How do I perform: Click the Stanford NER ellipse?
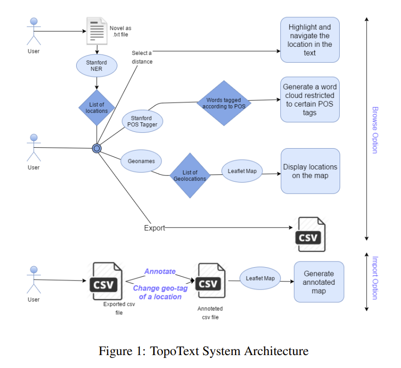tap(97, 65)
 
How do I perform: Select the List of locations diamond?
tap(97, 108)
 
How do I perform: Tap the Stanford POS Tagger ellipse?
tap(142, 121)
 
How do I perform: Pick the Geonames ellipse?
tap(141, 161)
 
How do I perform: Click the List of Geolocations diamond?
tap(190, 175)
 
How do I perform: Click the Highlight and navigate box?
tap(309, 40)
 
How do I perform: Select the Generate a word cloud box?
tap(309, 99)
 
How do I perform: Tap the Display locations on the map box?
tap(310, 171)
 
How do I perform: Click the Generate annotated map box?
tap(319, 282)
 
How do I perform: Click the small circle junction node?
tap(97, 148)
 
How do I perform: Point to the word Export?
tap(154, 228)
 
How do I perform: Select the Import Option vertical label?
tap(375, 278)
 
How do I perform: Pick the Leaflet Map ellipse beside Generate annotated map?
tap(260, 278)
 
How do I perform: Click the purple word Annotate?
tap(160, 271)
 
